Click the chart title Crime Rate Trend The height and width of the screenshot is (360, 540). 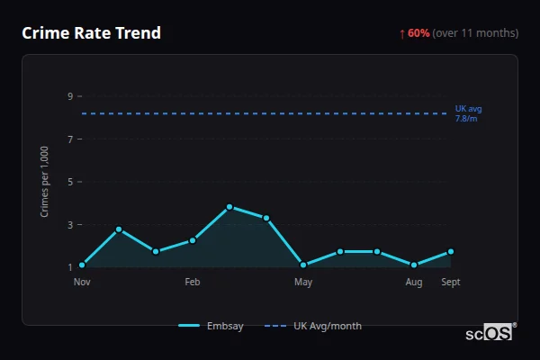point(91,33)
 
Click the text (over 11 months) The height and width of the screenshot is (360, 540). point(475,33)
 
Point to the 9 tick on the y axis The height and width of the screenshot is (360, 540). point(69,96)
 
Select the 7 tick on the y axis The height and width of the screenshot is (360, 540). point(69,139)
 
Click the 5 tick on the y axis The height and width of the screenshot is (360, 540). point(69,182)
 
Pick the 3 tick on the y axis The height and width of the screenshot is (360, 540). point(69,225)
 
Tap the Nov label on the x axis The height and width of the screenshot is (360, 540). point(82,283)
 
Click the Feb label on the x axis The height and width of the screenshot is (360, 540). point(193,283)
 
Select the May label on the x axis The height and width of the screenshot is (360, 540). point(303,283)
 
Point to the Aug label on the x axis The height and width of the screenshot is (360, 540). point(414,283)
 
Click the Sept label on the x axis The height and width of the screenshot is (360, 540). point(450,283)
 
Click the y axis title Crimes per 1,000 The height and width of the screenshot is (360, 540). point(45,182)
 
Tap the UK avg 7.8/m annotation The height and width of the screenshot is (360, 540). point(468,113)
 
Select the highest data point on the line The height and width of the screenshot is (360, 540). point(229,207)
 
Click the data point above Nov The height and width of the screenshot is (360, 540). point(82,265)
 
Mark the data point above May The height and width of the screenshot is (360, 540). point(303,265)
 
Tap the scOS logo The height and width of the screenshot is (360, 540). point(490,333)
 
